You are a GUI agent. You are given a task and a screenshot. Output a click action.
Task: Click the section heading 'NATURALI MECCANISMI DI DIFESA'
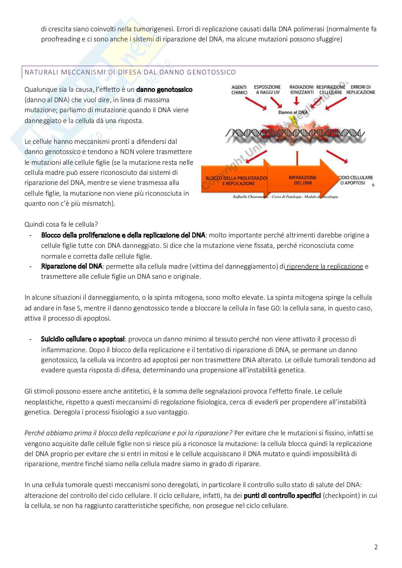pos(130,72)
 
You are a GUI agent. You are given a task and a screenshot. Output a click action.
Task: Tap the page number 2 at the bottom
pos(376,547)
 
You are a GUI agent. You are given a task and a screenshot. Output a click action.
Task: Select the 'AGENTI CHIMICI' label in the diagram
pos(239,90)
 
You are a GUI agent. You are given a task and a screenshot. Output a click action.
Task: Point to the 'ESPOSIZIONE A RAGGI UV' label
pos(267,90)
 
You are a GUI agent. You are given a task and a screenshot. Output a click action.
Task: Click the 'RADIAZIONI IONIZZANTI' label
pos(301,90)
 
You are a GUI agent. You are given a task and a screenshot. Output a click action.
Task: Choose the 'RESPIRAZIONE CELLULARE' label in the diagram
pos(330,90)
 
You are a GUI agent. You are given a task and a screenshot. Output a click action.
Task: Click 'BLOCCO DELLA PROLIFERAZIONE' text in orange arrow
pos(237,178)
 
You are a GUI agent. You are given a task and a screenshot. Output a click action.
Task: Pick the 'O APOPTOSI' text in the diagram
pos(353,183)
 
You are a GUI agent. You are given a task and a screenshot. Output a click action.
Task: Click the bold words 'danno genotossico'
pos(164,89)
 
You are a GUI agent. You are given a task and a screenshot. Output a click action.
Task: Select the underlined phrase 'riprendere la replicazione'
pos(324,267)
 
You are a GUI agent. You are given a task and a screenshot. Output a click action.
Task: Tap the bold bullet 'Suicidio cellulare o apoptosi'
pos(83,339)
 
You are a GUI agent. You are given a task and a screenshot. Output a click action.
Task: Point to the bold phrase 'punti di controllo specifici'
pos(282,495)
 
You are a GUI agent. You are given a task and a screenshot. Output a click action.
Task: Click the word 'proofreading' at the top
pos(58,39)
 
